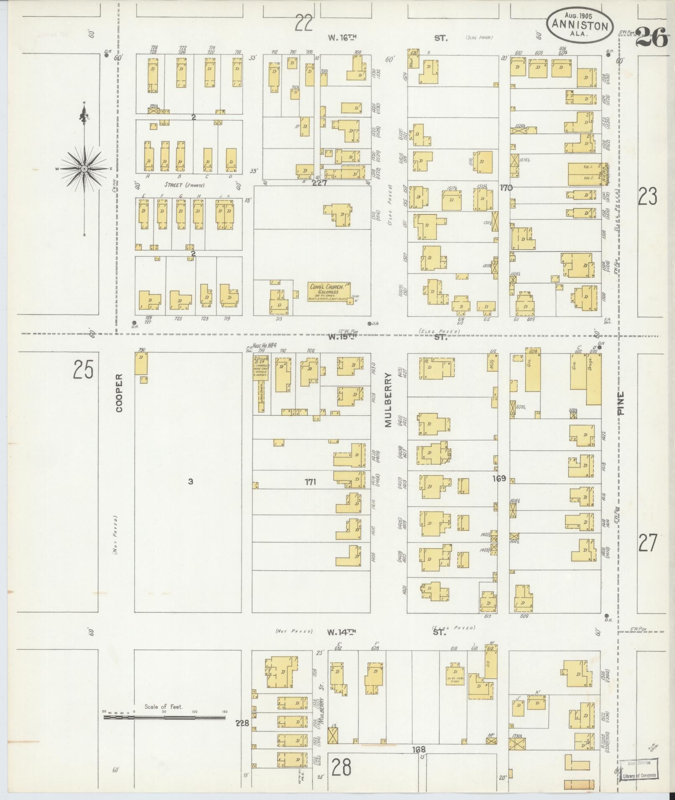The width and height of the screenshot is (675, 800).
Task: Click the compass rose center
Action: pyautogui.click(x=84, y=169)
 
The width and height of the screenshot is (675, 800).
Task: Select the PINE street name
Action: pyautogui.click(x=621, y=403)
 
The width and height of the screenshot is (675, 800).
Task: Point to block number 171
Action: pyautogui.click(x=310, y=482)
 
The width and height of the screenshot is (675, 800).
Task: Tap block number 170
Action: pyautogui.click(x=506, y=188)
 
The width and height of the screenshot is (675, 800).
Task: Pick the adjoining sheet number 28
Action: pyautogui.click(x=341, y=767)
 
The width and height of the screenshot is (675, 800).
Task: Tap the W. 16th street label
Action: pyautogui.click(x=342, y=38)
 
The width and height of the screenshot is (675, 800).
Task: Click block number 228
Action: pyautogui.click(x=242, y=723)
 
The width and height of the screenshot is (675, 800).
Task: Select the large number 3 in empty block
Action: pyautogui.click(x=190, y=481)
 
